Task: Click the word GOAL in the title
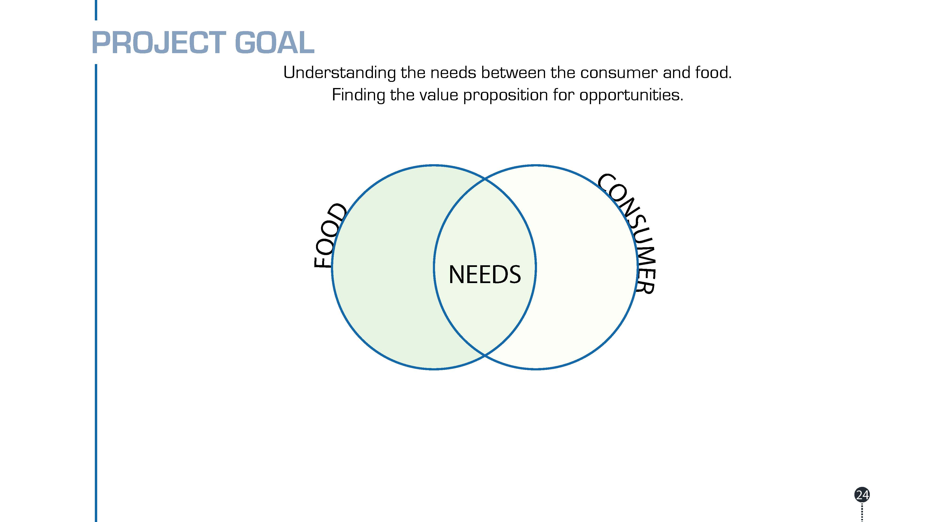[x=275, y=42]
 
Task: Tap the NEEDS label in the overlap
[x=485, y=275]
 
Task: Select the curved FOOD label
[x=330, y=236]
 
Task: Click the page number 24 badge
[x=862, y=495]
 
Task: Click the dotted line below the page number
[x=862, y=512]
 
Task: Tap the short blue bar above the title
[x=96, y=10]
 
